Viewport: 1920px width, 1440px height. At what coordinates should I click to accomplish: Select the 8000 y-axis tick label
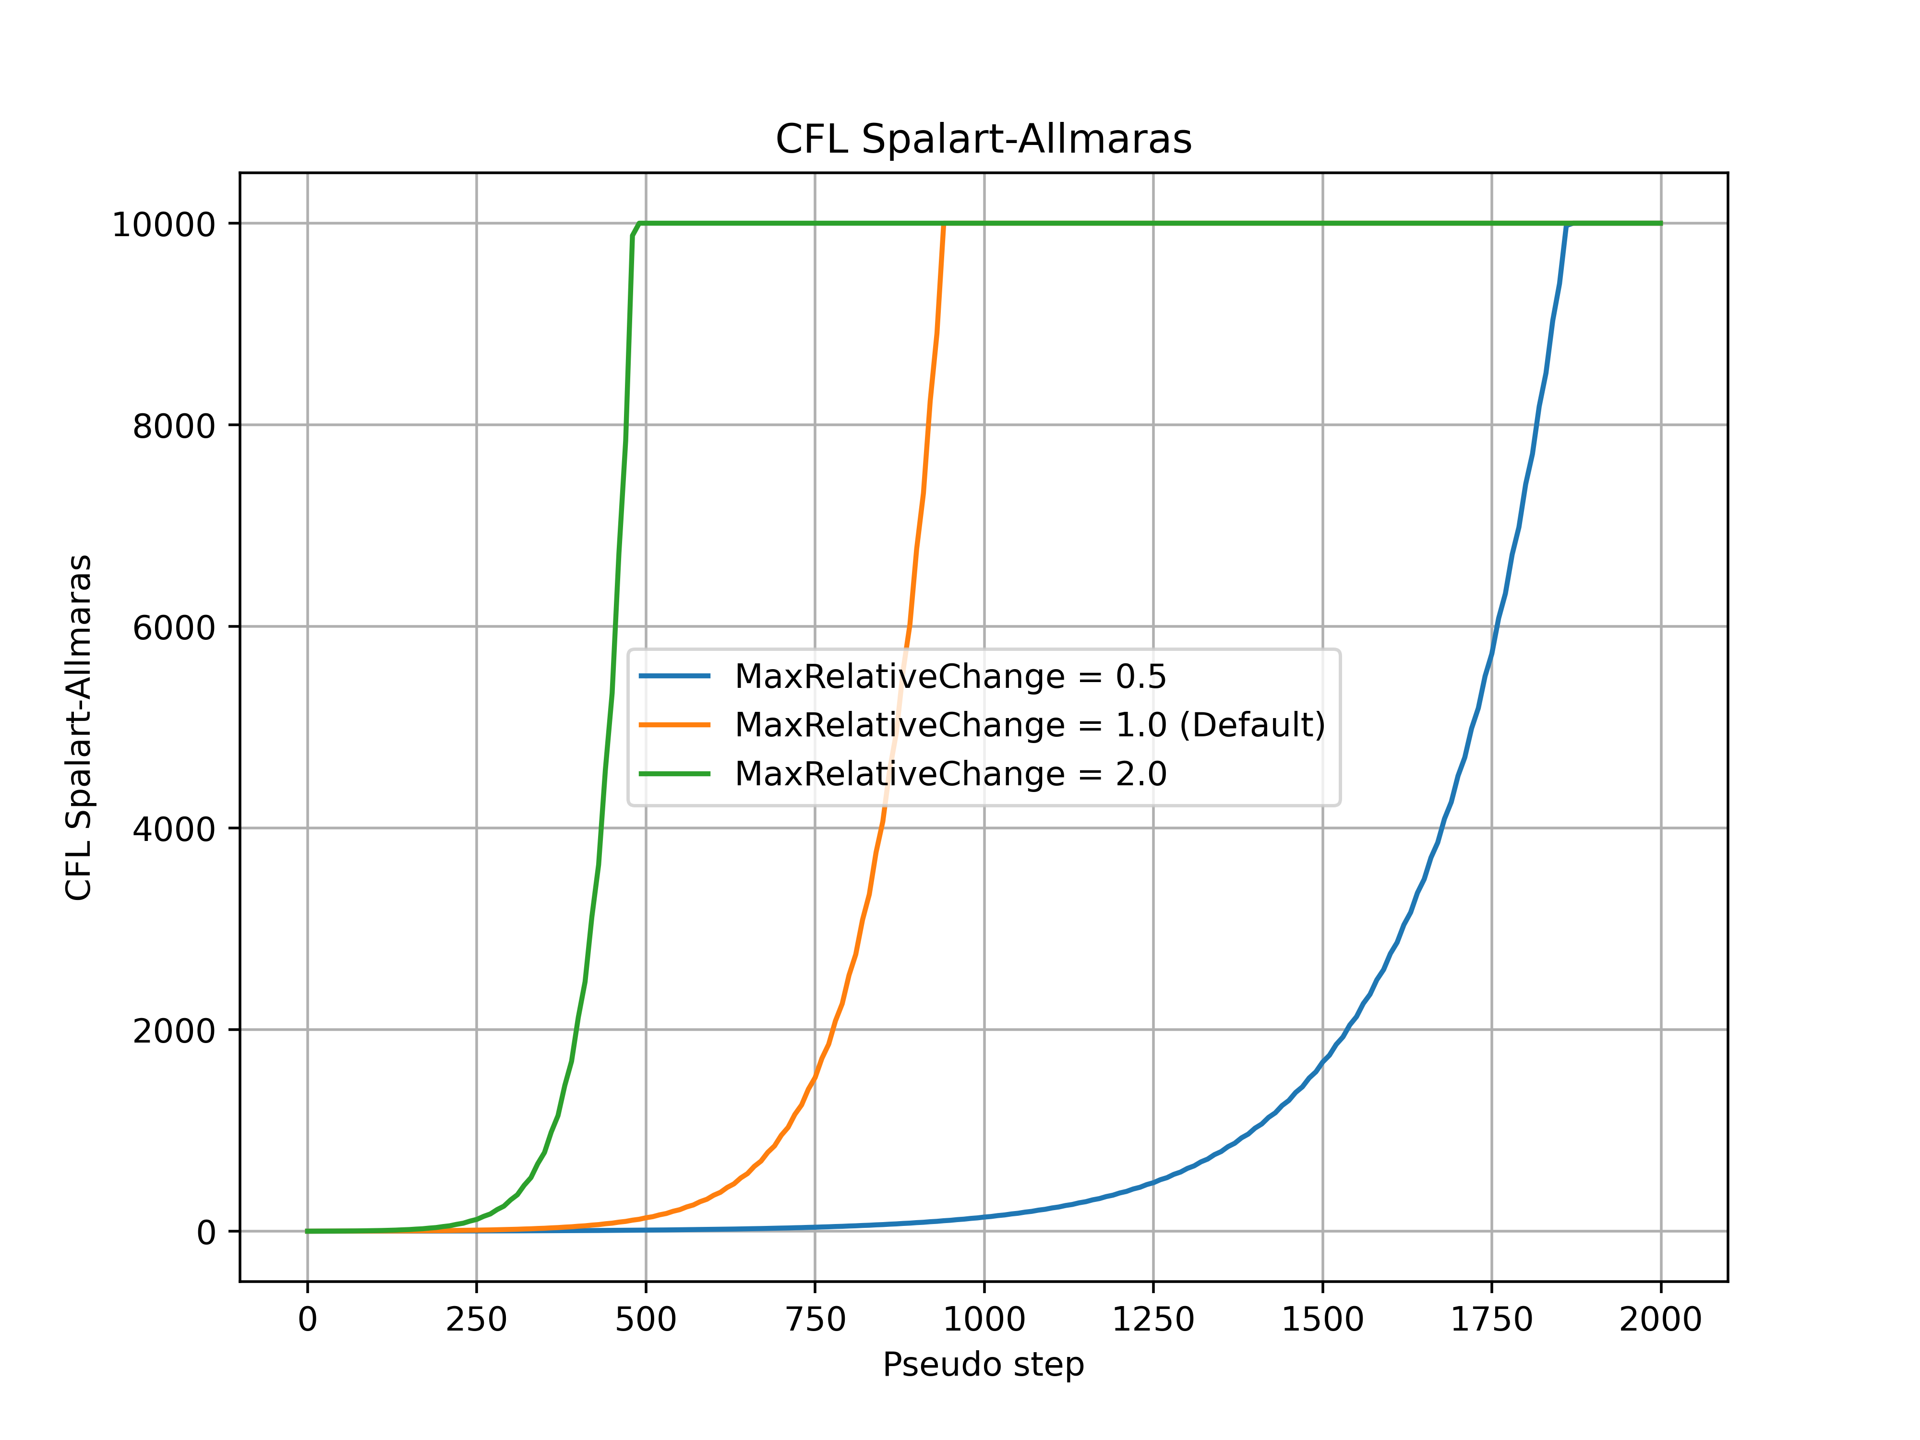(174, 426)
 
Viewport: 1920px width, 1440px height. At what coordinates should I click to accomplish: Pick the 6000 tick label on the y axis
(174, 627)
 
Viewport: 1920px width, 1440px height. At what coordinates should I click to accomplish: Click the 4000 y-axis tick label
(174, 829)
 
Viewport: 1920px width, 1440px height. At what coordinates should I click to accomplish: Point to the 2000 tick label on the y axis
(174, 1030)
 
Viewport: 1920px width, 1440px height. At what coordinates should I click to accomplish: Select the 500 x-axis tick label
(645, 1320)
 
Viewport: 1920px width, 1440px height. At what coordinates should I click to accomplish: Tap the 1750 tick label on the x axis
(1491, 1320)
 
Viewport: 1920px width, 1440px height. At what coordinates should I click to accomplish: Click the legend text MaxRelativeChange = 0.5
(950, 676)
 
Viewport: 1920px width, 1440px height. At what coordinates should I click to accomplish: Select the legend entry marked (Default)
(1030, 725)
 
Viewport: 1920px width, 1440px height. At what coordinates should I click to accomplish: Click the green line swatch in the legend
(674, 773)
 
